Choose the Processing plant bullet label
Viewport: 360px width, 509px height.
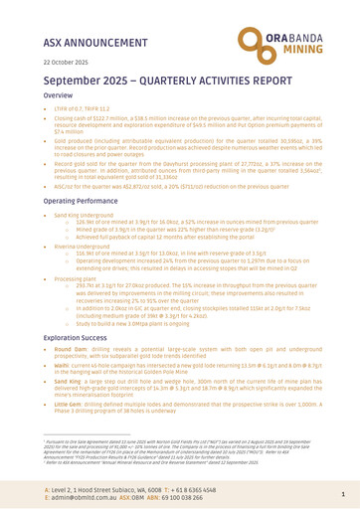[x=72, y=322]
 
